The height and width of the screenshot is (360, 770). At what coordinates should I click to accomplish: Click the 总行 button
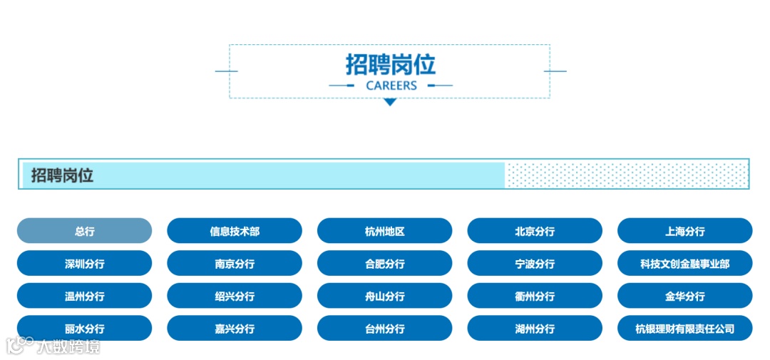pyautogui.click(x=84, y=231)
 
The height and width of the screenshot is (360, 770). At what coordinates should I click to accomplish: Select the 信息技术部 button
pyautogui.click(x=235, y=231)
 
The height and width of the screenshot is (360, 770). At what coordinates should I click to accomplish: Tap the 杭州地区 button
pyautogui.click(x=384, y=231)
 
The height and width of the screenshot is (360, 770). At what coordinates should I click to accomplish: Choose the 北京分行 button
pyautogui.click(x=535, y=231)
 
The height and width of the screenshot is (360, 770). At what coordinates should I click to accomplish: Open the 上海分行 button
pyautogui.click(x=684, y=231)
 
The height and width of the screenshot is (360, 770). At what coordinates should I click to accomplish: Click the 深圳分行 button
pyautogui.click(x=84, y=264)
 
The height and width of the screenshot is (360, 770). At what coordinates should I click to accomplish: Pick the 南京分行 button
pyautogui.click(x=235, y=264)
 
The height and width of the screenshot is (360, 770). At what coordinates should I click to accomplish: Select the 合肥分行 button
pyautogui.click(x=384, y=264)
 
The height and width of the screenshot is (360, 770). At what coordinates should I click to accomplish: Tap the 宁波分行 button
pyautogui.click(x=535, y=264)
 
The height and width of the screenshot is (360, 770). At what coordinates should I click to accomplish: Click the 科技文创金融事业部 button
pyautogui.click(x=684, y=264)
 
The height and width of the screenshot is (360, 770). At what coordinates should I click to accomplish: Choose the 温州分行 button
pyautogui.click(x=84, y=296)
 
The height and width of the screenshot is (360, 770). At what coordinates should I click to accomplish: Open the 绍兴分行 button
pyautogui.click(x=235, y=296)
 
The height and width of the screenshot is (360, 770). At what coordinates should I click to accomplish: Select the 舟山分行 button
pyautogui.click(x=384, y=296)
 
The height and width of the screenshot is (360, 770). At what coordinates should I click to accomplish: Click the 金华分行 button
pyautogui.click(x=684, y=296)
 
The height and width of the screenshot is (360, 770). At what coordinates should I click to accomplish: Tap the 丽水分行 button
pyautogui.click(x=84, y=329)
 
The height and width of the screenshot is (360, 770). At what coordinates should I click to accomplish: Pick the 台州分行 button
pyautogui.click(x=384, y=329)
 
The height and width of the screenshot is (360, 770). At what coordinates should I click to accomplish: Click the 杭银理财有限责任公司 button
pyautogui.click(x=684, y=329)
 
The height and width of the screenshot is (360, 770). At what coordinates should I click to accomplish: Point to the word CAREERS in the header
pyautogui.click(x=391, y=86)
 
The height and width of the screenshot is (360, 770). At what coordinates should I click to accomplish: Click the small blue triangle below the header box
pyautogui.click(x=389, y=103)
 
